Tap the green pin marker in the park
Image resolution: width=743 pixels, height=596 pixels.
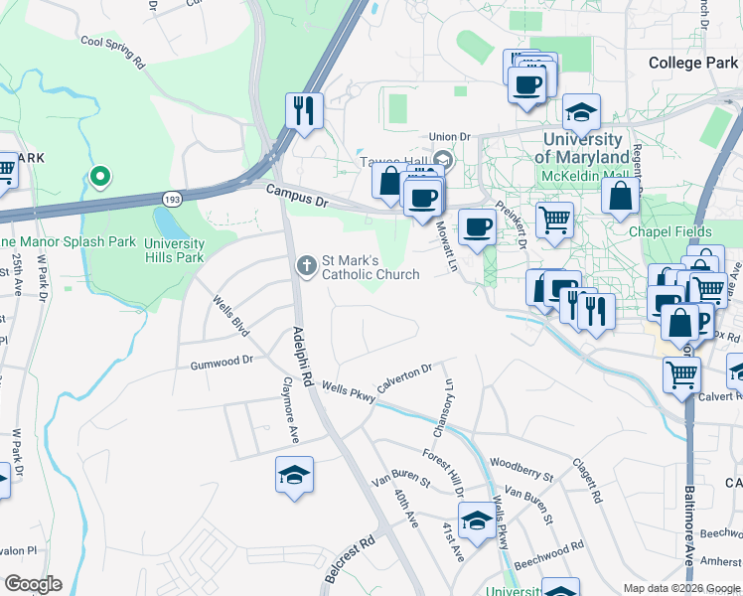click(x=99, y=178)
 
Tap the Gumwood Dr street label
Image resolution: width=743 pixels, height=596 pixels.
click(x=222, y=364)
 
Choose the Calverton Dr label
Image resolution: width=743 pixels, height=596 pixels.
click(x=404, y=377)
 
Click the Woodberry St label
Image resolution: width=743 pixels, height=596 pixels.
click(x=521, y=464)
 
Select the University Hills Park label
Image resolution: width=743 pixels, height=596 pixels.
click(x=174, y=250)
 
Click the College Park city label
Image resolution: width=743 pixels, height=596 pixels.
click(x=693, y=63)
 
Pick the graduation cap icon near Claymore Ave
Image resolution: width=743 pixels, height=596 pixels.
click(x=295, y=477)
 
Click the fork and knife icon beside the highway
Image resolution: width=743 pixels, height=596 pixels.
click(x=305, y=110)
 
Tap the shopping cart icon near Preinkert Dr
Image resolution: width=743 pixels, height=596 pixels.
click(x=554, y=220)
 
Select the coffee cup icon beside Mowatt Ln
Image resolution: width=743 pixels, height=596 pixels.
click(x=477, y=227)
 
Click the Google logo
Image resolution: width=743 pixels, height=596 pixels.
click(x=33, y=584)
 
